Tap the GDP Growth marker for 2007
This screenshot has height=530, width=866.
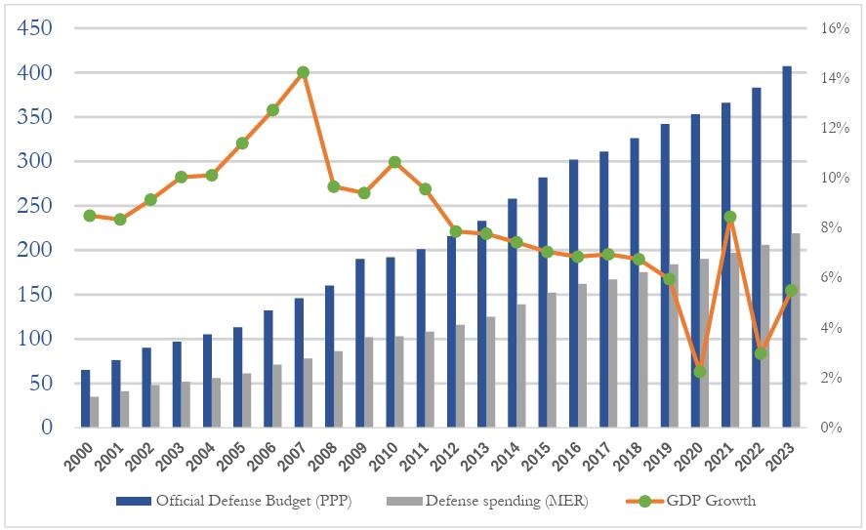pyautogui.click(x=303, y=72)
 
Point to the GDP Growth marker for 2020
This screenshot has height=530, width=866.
pyautogui.click(x=699, y=372)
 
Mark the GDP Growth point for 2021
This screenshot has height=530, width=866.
pyautogui.click(x=729, y=217)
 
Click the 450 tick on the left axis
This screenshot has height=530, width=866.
pyautogui.click(x=35, y=28)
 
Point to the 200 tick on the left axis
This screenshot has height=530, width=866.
pyautogui.click(x=35, y=250)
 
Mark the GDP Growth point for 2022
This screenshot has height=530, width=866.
pyautogui.click(x=760, y=353)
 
